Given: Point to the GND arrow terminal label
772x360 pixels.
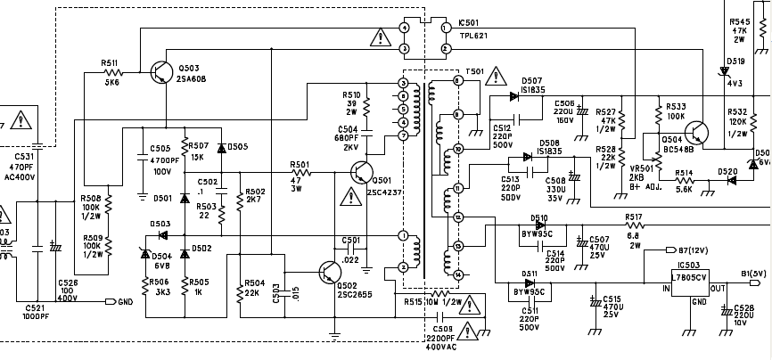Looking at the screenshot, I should tap(125, 301).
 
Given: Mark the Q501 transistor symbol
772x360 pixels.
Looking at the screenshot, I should tap(363, 167).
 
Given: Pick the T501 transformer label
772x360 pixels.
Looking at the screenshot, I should tap(475, 70).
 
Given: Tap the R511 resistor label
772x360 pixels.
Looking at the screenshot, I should tap(110, 64).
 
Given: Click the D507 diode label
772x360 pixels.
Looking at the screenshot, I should tap(532, 80).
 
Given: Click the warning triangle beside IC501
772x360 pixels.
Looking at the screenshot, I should tap(382, 37).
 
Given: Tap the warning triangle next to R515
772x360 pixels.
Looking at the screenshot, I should tap(470, 309).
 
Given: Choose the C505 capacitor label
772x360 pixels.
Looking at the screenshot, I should tap(160, 149).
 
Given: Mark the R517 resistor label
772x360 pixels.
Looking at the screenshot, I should tap(634, 217).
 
